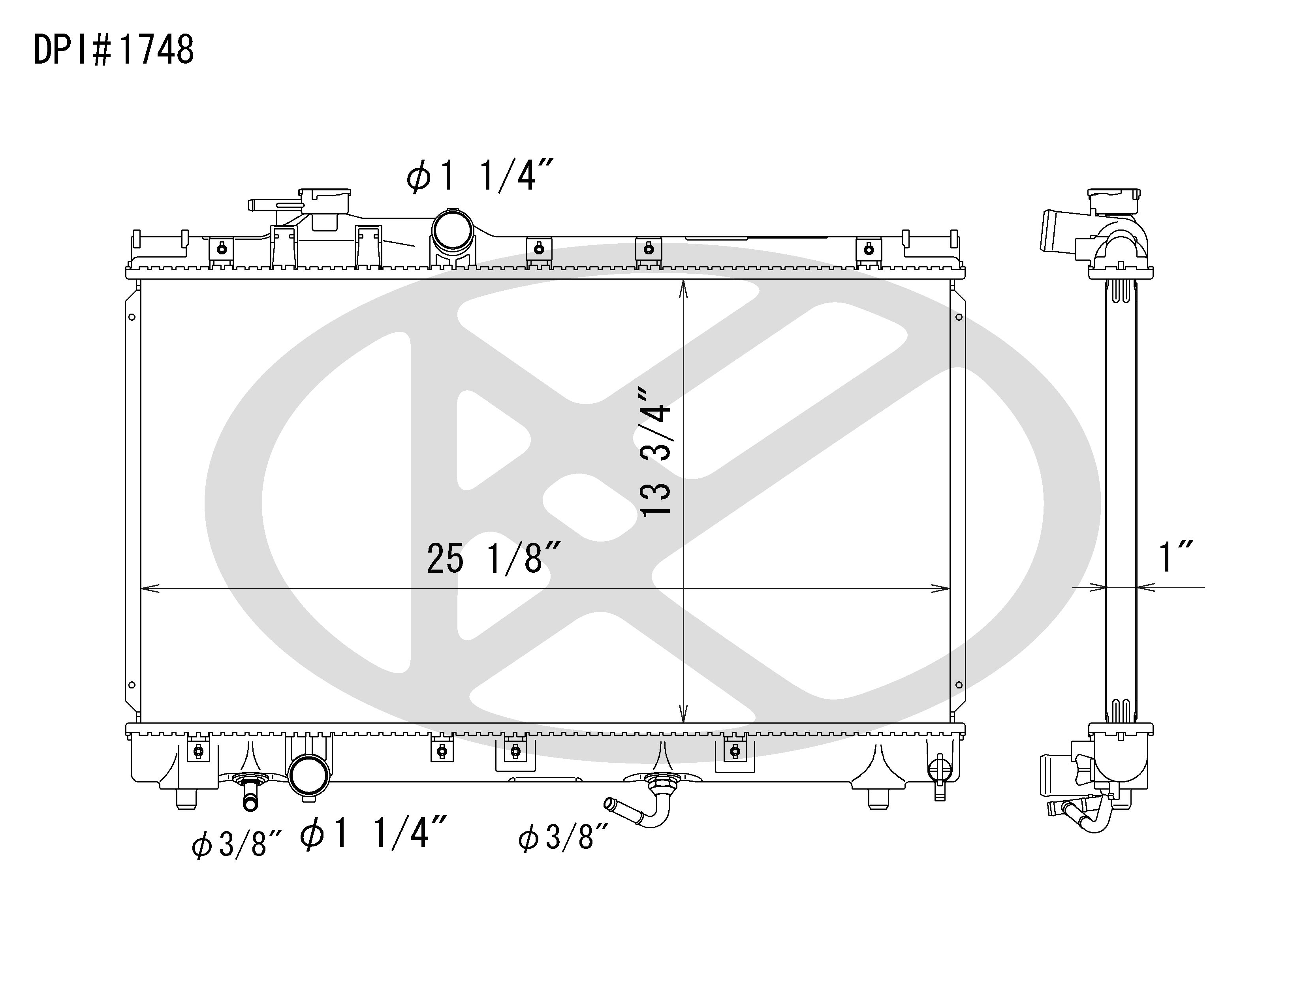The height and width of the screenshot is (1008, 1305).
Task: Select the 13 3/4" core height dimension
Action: point(656,451)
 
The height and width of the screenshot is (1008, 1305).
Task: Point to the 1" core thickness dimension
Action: point(1175,557)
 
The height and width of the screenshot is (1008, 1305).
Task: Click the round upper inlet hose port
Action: point(452,230)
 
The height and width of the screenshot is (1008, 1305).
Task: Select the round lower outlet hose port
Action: point(308,776)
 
